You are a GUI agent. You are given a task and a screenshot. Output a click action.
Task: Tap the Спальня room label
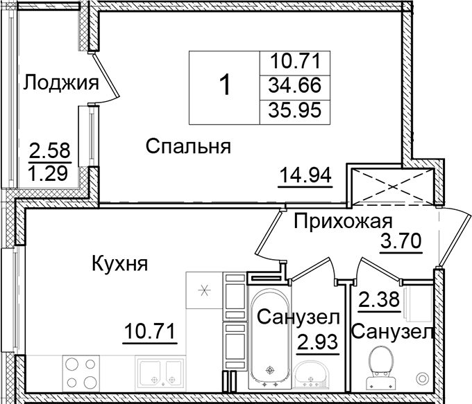187,147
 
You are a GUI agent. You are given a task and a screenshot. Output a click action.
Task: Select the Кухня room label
119,263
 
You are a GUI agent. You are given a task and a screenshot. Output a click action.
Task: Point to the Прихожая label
343,222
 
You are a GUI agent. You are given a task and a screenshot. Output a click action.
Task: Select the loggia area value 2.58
50,149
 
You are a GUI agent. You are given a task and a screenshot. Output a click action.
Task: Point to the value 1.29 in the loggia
50,171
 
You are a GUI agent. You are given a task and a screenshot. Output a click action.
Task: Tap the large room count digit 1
225,86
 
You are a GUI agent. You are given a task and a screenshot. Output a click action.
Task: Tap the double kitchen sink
160,374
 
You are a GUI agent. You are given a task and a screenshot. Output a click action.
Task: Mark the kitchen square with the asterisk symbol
204,290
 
